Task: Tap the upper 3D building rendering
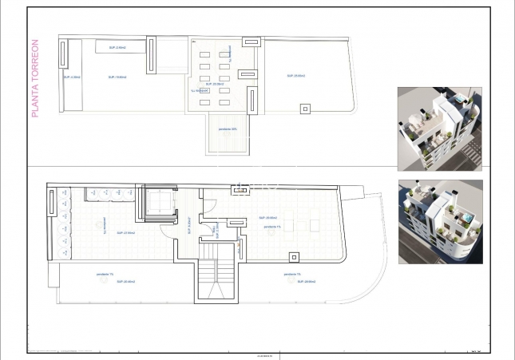coord(439,128)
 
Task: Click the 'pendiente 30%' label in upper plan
coord(228,129)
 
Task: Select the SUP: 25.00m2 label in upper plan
coord(296,77)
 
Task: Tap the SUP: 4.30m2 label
coord(72,77)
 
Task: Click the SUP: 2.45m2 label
coord(117,48)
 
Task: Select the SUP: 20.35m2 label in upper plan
coord(215,84)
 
